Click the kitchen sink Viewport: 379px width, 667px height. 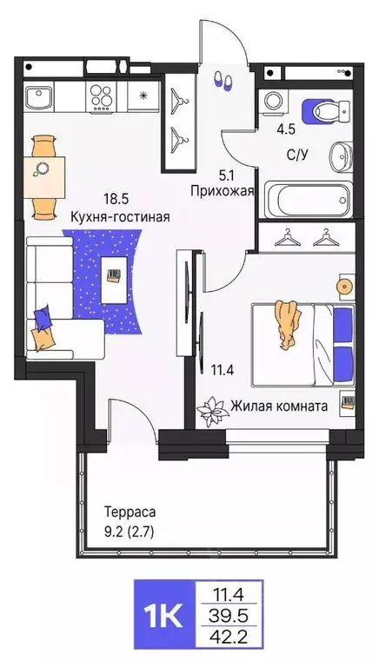coord(40,95)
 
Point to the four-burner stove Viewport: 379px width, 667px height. coord(100,95)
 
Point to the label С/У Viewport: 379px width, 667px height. coord(298,157)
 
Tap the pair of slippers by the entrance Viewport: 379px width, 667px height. coord(223,81)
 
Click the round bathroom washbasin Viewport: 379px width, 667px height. coord(342,150)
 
